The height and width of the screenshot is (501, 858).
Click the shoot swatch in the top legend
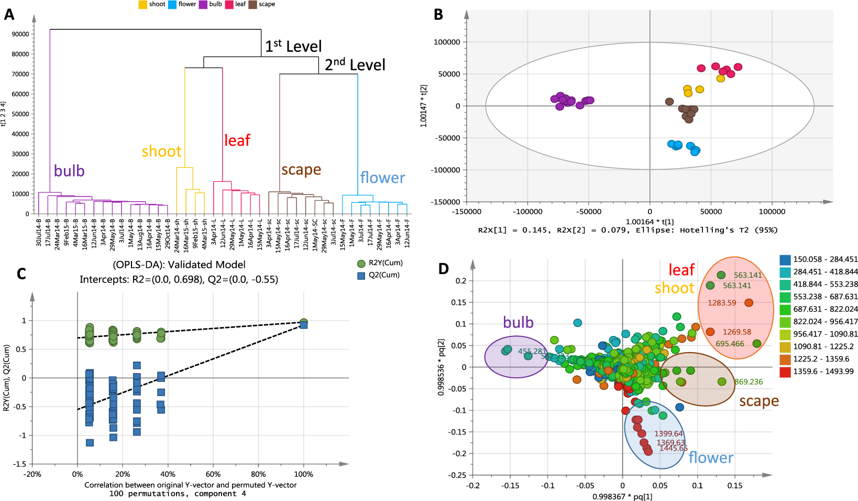[142, 5]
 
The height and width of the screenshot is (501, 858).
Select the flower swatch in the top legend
[172, 5]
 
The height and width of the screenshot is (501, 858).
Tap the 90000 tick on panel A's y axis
[20, 34]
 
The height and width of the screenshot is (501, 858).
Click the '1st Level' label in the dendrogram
[293, 46]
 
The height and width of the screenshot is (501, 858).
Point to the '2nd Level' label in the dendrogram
[355, 65]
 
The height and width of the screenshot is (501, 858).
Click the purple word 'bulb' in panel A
[69, 171]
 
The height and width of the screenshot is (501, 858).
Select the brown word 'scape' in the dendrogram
[301, 170]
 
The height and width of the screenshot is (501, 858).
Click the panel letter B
[438, 15]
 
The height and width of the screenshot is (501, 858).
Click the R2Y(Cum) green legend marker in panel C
[361, 264]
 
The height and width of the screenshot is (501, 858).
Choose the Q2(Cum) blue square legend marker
[361, 276]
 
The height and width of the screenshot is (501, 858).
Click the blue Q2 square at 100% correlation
[303, 325]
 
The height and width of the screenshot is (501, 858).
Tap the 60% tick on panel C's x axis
[213, 474]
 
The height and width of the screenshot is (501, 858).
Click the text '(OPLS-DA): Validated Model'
[179, 265]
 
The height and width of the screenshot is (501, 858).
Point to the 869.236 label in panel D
[749, 382]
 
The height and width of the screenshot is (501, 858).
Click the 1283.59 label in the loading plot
[722, 303]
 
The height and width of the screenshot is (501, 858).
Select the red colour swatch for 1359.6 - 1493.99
[785, 372]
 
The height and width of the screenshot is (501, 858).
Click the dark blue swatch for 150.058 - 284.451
[785, 259]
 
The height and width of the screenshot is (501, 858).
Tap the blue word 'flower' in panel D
[710, 458]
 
